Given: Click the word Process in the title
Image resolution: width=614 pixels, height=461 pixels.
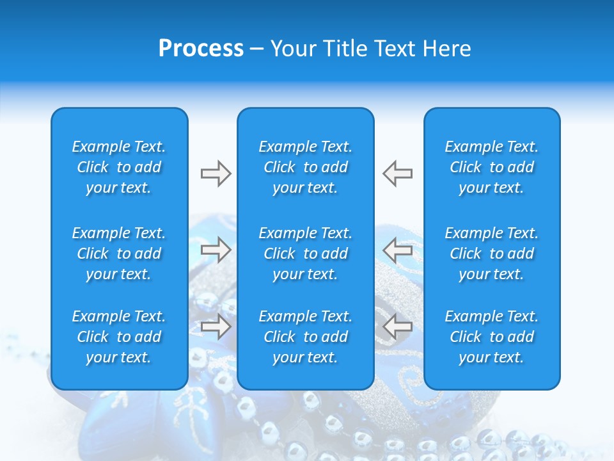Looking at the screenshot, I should pos(201,49).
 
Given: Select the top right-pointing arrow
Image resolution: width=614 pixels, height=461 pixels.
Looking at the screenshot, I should pos(216,174).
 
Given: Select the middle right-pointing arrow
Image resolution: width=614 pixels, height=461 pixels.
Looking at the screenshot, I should pos(216,250).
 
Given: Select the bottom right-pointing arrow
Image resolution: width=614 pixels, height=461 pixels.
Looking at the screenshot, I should pos(216,327).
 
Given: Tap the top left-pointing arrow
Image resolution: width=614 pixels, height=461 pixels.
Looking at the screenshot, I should pos(398,174).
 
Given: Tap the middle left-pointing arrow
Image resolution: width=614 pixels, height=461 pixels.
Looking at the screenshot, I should pos(398,250).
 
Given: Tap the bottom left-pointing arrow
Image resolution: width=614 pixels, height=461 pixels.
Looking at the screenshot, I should pos(398,327).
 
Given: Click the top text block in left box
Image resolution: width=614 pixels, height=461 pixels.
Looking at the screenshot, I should pos(119,167).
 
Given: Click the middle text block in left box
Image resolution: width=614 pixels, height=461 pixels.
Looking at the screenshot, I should pos(119,254).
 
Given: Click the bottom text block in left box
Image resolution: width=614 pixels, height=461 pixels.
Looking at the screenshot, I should pos(119,337).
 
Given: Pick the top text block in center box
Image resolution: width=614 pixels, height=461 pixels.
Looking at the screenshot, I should pos(306,167).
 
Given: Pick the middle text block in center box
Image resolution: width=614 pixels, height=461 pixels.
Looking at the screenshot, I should pos(306,254).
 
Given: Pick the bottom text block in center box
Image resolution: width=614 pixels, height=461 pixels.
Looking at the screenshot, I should pos(306,337).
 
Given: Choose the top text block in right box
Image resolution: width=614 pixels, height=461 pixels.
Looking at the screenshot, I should pos(492,167).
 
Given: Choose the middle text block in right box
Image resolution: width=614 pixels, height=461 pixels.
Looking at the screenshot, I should pos(492,254).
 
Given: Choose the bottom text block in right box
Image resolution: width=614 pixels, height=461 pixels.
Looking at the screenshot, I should pos(492,337).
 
